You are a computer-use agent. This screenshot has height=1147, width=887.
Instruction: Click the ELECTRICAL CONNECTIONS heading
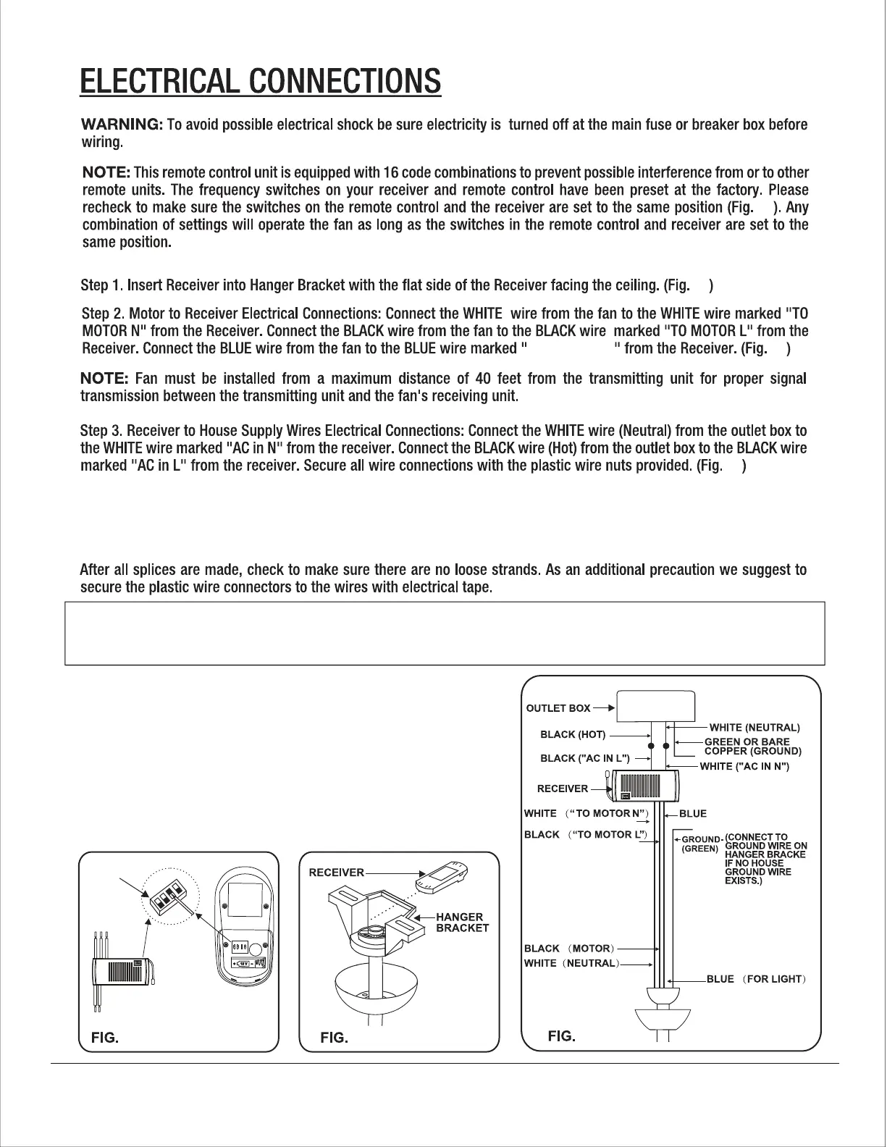260,81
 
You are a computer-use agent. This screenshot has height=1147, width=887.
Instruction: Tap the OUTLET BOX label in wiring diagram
558,707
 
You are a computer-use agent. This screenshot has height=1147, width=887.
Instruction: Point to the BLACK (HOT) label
573,735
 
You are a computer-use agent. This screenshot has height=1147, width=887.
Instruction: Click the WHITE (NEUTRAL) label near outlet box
754,726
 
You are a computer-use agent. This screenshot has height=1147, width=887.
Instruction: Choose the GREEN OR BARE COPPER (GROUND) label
751,746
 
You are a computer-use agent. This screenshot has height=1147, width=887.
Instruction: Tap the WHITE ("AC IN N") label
744,766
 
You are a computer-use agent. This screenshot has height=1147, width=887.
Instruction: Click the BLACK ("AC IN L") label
585,758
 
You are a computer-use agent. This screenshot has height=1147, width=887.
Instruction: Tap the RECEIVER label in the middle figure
337,872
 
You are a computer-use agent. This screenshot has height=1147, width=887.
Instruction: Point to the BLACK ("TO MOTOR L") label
585,835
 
